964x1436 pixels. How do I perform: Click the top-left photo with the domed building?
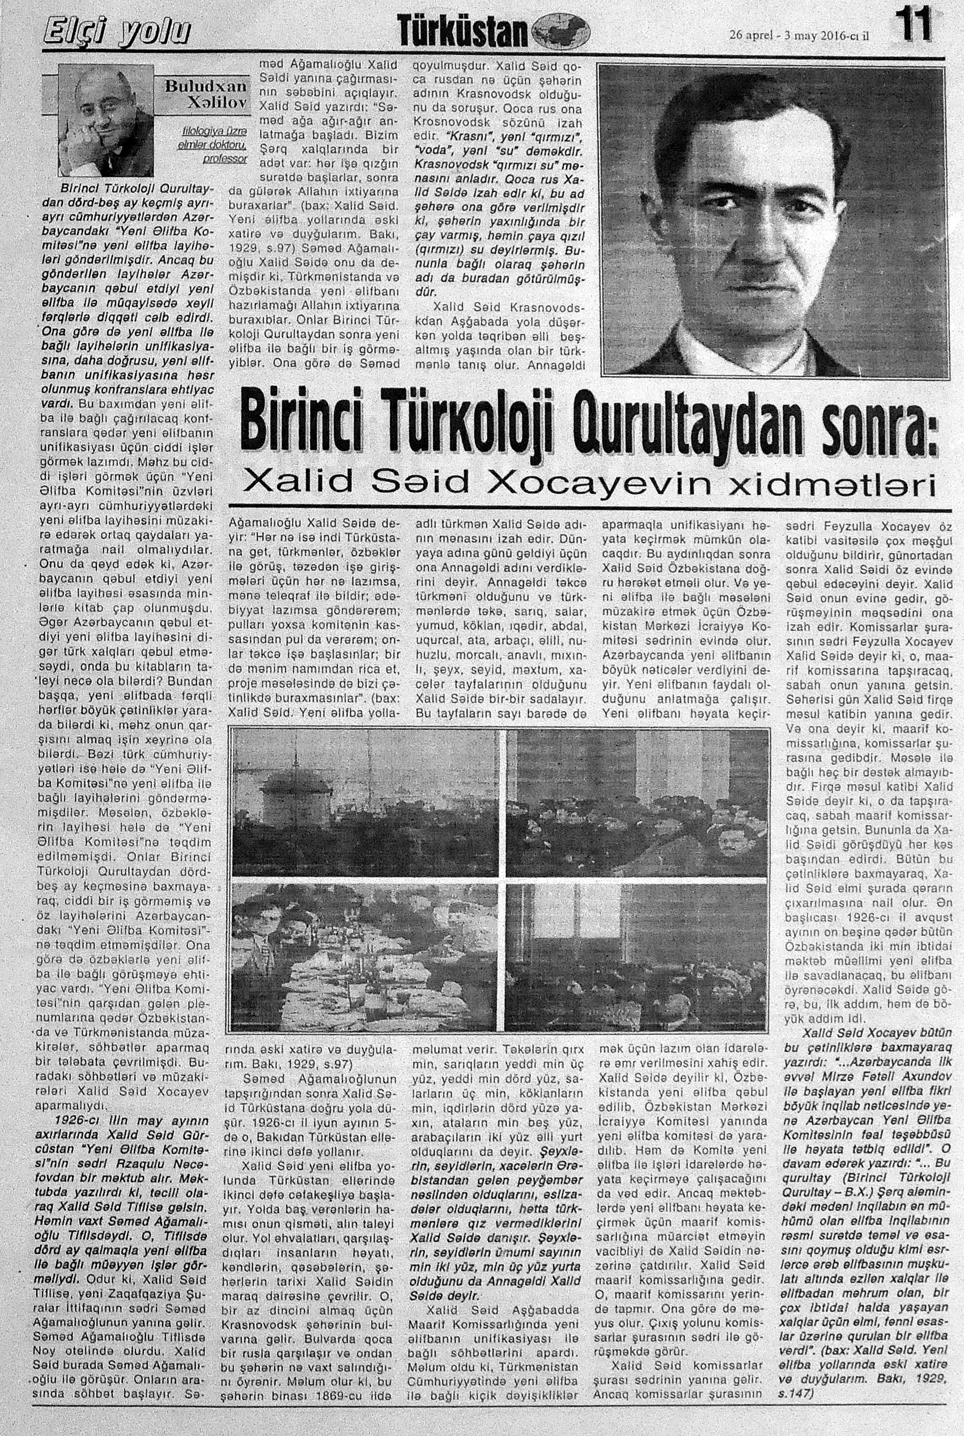pos(365,802)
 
